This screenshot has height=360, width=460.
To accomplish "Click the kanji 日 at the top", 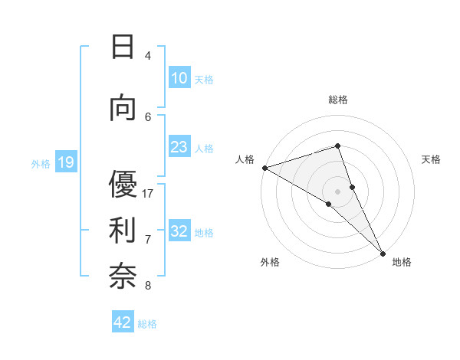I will point(123,47).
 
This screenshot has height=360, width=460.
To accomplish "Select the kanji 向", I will point(123,108).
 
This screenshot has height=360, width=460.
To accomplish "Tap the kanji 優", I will point(123,185).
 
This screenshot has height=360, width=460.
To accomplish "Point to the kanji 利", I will point(123,231).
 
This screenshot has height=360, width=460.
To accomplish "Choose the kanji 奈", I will point(123,277).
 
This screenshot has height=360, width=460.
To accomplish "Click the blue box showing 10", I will point(179,78).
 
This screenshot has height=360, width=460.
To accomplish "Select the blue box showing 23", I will point(179,147).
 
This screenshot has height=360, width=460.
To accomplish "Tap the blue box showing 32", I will point(179,231).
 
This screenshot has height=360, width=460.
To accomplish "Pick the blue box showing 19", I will point(66,162).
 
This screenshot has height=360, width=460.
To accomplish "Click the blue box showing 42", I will point(123,322).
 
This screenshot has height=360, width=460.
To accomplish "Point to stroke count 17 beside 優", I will point(149,193).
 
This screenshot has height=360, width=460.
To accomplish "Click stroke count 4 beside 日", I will point(148,55).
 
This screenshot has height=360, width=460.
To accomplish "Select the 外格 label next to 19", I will point(41,163).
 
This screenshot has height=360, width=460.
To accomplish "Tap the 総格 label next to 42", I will point(147,324).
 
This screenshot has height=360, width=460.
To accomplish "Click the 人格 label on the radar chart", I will point(245,159).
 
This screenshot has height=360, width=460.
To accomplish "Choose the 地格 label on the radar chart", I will point(402,262).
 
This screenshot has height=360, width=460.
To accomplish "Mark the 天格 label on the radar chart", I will point(431,159).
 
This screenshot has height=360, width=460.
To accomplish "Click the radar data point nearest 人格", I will point(264,168).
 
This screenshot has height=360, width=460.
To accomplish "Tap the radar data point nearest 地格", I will point(383,253).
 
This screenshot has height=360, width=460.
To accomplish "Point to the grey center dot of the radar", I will point(337,191).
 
